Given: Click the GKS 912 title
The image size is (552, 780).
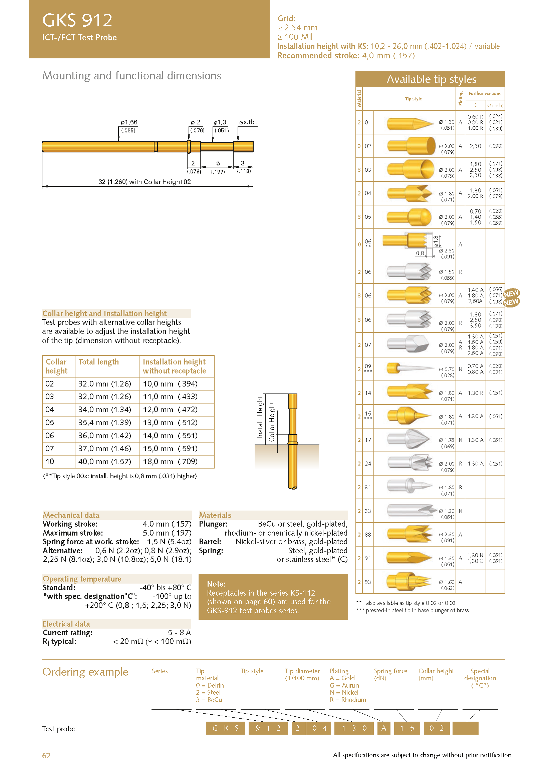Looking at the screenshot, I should pyautogui.click(x=77, y=20).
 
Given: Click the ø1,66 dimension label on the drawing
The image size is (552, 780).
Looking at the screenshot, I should pyautogui.click(x=129, y=122).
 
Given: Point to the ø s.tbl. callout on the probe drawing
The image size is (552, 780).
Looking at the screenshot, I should pyautogui.click(x=248, y=122).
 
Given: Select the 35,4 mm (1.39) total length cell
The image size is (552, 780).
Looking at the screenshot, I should pyautogui.click(x=104, y=423).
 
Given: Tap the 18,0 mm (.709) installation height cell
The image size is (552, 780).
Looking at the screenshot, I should pyautogui.click(x=170, y=461).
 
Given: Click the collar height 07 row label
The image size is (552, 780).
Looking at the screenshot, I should pyautogui.click(x=50, y=449).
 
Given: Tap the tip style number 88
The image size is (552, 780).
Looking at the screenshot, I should pyautogui.click(x=368, y=534).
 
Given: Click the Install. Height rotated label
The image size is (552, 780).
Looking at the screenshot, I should pyautogui.click(x=260, y=417).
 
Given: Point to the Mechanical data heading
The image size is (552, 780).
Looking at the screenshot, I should pyautogui.click(x=71, y=515).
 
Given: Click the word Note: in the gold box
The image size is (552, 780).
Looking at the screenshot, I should pyautogui.click(x=216, y=584).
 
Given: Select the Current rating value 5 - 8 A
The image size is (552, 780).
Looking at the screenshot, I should pyautogui.click(x=179, y=633).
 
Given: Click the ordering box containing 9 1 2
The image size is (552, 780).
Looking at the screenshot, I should pyautogui.click(x=268, y=728).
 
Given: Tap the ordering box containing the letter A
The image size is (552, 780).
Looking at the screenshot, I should pyautogui.click(x=384, y=728).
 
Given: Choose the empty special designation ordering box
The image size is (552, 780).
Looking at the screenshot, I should pyautogui.click(x=465, y=728).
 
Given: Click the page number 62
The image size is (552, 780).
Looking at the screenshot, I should pyautogui.click(x=46, y=755).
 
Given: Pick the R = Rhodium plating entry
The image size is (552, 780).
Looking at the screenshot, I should pyautogui.click(x=348, y=700).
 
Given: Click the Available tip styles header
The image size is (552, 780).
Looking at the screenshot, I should pyautogui.click(x=431, y=79).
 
